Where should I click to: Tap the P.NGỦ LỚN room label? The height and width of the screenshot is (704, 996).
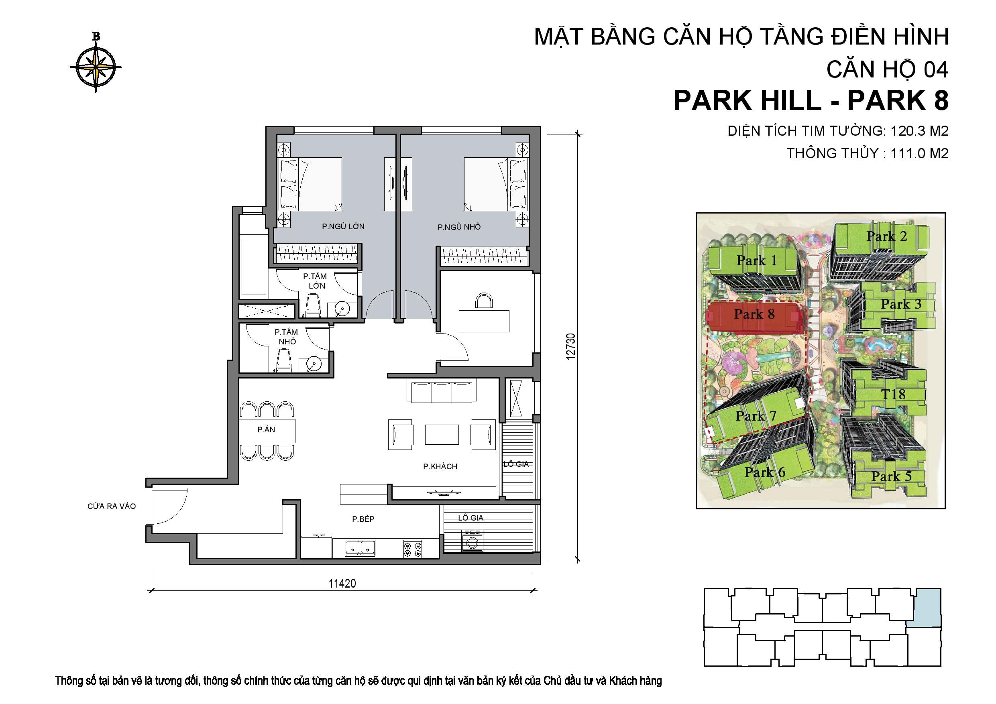pos(343,226)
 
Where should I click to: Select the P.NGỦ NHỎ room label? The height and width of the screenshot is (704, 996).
pos(459,227)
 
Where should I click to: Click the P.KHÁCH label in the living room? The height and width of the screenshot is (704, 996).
pos(440,467)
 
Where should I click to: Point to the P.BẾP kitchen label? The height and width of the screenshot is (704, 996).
pos(363,519)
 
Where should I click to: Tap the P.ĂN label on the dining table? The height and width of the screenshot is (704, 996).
pos(266,430)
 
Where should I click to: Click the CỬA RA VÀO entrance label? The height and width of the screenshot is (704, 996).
pos(112,506)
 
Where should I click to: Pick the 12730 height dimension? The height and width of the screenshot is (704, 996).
pos(571,346)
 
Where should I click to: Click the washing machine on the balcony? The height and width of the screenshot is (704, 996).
pos(470,542)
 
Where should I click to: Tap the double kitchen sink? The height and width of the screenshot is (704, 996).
pos(360,548)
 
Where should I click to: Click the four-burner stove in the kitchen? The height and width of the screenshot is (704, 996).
pos(412,549)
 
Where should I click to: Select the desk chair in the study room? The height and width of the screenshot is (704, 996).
pos(484,301)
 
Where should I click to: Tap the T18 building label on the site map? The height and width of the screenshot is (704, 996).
pos(893,394)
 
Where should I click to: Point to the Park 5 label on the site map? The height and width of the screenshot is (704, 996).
pos(891,476)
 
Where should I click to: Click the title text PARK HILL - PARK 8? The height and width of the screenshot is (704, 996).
pos(811,101)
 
